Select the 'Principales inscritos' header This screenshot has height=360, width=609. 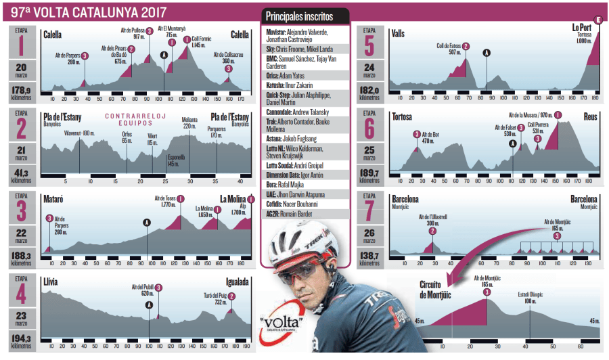304,16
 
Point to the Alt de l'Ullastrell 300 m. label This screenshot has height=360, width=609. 432,221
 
